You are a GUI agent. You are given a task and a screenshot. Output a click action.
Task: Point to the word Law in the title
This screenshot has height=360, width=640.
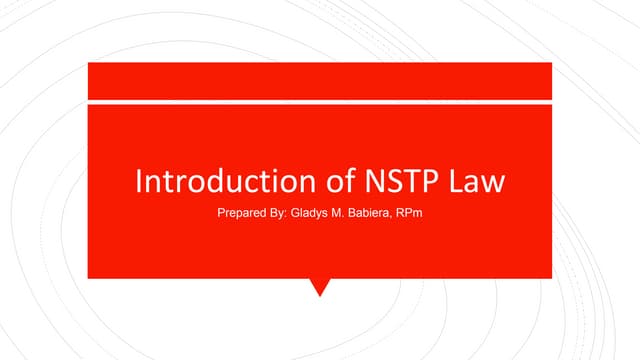point(473,183)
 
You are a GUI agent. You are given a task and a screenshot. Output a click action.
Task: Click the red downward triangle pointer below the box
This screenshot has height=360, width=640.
point(320,286)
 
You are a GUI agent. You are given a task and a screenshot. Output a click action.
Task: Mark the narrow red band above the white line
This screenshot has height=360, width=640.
point(320,81)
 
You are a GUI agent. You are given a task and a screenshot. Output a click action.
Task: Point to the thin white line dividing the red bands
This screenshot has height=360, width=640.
point(320,102)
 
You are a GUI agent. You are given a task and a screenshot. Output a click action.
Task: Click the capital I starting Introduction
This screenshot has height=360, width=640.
point(138,183)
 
